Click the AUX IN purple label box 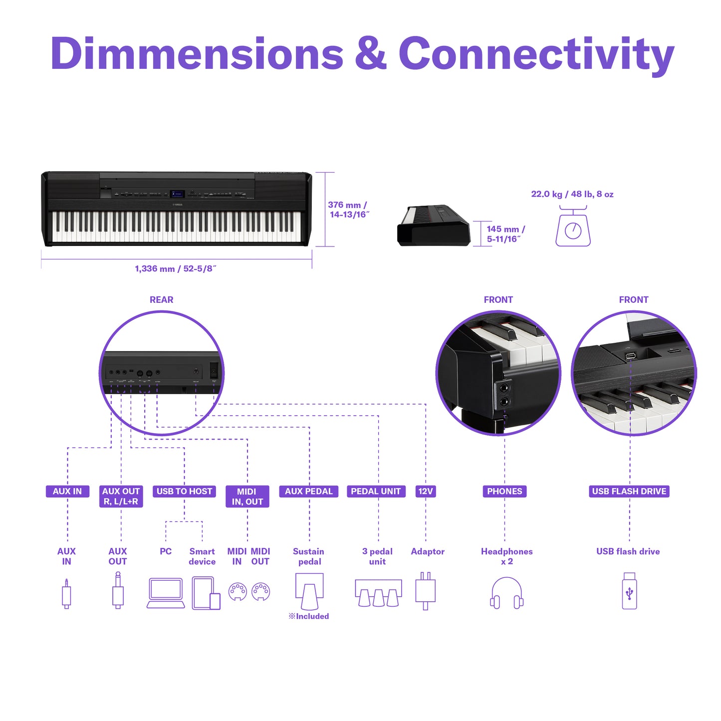pyautogui.click(x=67, y=491)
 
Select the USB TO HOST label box pyautogui.click(x=184, y=491)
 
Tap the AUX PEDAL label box pyautogui.click(x=309, y=491)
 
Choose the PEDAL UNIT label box pyautogui.click(x=376, y=491)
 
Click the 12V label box pyautogui.click(x=426, y=491)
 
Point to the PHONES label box pyautogui.click(x=504, y=491)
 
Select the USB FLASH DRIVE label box pyautogui.click(x=629, y=491)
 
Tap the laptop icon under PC pyautogui.click(x=166, y=593)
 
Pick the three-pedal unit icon pyautogui.click(x=378, y=593)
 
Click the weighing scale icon pyautogui.click(x=573, y=226)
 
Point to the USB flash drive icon pyautogui.click(x=629, y=590)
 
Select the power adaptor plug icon pyautogui.click(x=426, y=590)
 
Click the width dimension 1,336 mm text pyautogui.click(x=176, y=268)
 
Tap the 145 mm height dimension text pyautogui.click(x=506, y=234)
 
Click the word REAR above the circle pyautogui.click(x=161, y=299)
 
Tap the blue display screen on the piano pyautogui.click(x=177, y=194)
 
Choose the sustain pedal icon pyautogui.click(x=309, y=592)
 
